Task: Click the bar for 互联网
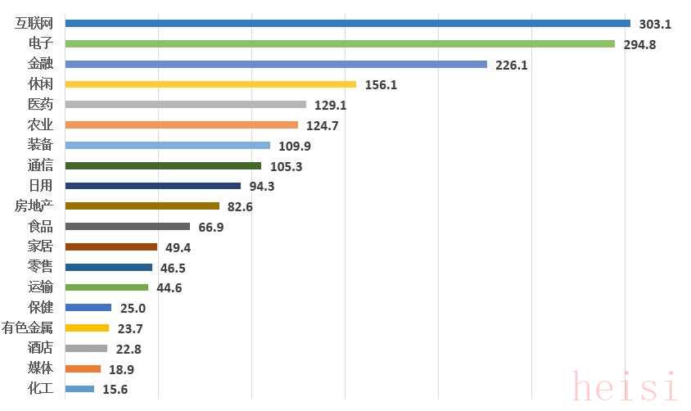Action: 347,24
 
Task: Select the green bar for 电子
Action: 340,44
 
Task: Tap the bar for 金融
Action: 276,64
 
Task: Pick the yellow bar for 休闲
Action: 210,84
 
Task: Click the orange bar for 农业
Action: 181,125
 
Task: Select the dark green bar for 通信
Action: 163,166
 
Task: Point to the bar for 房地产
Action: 142,206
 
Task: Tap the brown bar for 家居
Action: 111,247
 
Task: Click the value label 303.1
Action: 655,25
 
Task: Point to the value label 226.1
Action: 512,65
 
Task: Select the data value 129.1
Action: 331,106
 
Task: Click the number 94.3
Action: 262,187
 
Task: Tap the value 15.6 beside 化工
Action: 115,390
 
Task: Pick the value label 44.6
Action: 169,288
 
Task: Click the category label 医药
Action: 40,105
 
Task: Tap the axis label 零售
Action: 40,267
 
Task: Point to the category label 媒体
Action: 40,368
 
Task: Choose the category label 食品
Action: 40,227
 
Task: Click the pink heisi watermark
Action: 626,386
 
